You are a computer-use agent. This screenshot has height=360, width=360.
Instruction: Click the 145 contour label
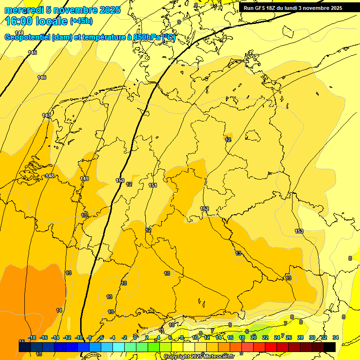(x=32, y=52)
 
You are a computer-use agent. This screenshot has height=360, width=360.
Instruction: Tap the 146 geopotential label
(x=42, y=77)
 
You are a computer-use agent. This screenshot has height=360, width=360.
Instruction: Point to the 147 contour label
(x=46, y=115)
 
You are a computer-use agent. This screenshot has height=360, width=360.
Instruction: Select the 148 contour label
(x=49, y=176)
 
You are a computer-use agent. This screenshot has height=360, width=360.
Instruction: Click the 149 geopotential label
(x=84, y=179)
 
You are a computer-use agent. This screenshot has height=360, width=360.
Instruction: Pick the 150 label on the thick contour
(x=120, y=180)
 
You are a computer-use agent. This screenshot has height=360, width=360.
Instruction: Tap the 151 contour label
(x=153, y=185)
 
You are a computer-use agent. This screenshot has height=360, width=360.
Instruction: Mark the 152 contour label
(x=204, y=209)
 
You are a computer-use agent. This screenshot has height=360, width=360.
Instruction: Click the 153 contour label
(x=299, y=231)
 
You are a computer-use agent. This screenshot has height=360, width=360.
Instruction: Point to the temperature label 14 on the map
(x=59, y=310)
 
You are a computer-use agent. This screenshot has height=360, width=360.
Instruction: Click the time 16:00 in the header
(x=21, y=21)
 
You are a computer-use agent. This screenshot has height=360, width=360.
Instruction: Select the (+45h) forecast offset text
(x=81, y=21)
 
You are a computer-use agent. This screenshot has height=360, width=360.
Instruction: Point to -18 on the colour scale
(x=32, y=337)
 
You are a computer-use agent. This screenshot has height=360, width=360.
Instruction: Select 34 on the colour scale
(x=336, y=337)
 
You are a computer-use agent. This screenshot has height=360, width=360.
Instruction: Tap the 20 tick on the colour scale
(x=254, y=337)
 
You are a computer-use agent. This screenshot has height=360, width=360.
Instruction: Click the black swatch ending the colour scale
(x=330, y=346)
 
